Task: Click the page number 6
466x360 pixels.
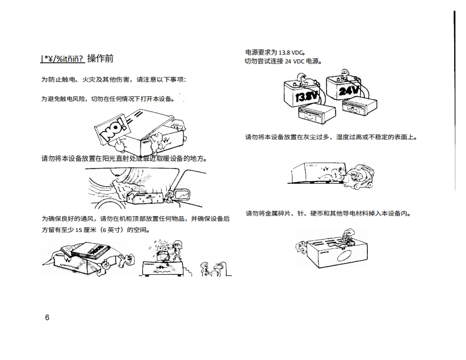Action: point(47,318)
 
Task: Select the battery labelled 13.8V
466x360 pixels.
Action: point(304,92)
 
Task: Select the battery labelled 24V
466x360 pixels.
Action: point(347,88)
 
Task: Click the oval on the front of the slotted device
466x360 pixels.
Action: point(345,257)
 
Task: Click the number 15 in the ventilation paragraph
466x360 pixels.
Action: point(90,230)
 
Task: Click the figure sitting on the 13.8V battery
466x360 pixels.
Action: point(303,77)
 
